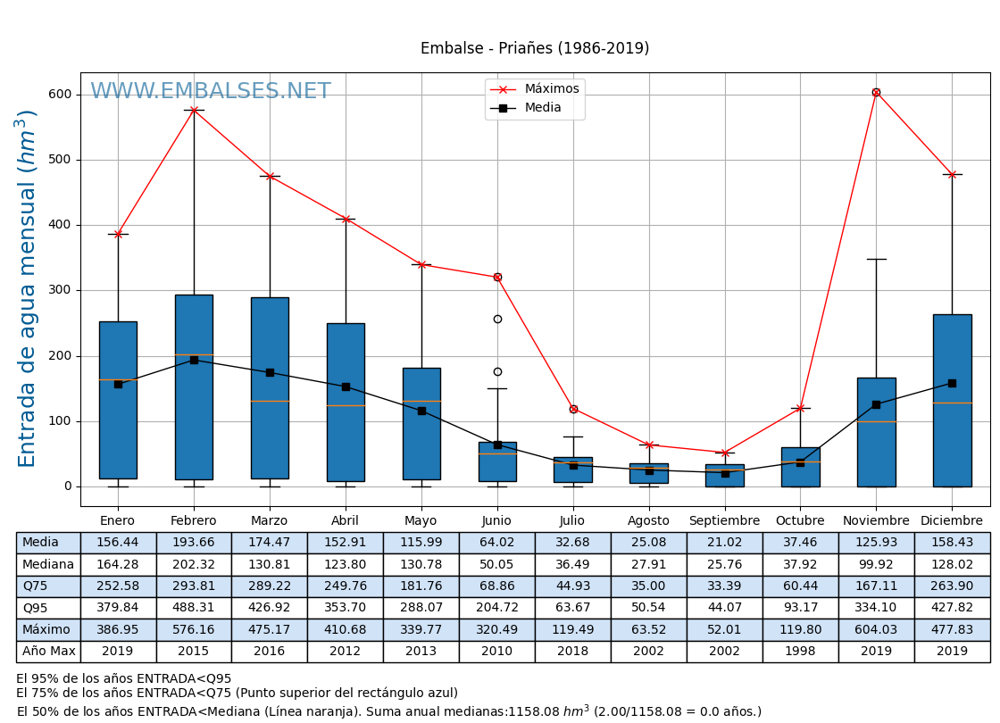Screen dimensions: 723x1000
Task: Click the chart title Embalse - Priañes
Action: tap(535, 49)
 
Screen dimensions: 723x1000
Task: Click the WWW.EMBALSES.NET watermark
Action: tap(210, 92)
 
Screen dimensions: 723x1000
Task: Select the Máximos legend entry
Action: tap(551, 89)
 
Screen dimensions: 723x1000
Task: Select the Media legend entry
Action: tap(543, 108)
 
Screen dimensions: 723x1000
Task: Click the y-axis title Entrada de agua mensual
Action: tap(28, 288)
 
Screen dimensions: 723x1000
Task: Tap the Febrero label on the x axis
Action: tap(194, 521)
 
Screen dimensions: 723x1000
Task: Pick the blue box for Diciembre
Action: tap(952, 400)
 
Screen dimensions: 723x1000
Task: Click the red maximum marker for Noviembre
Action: tap(876, 92)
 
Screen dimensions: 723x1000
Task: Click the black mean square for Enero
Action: tap(118, 384)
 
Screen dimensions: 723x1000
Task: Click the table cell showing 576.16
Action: tap(194, 630)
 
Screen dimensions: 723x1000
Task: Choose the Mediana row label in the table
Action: tap(48, 565)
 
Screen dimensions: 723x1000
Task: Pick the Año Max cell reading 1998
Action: tap(800, 652)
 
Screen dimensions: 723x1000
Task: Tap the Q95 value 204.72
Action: tap(496, 608)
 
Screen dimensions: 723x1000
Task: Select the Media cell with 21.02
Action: tap(724, 543)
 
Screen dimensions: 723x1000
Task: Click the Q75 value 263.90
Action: tap(952, 586)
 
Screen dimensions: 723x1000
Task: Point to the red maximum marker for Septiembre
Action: tap(725, 453)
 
